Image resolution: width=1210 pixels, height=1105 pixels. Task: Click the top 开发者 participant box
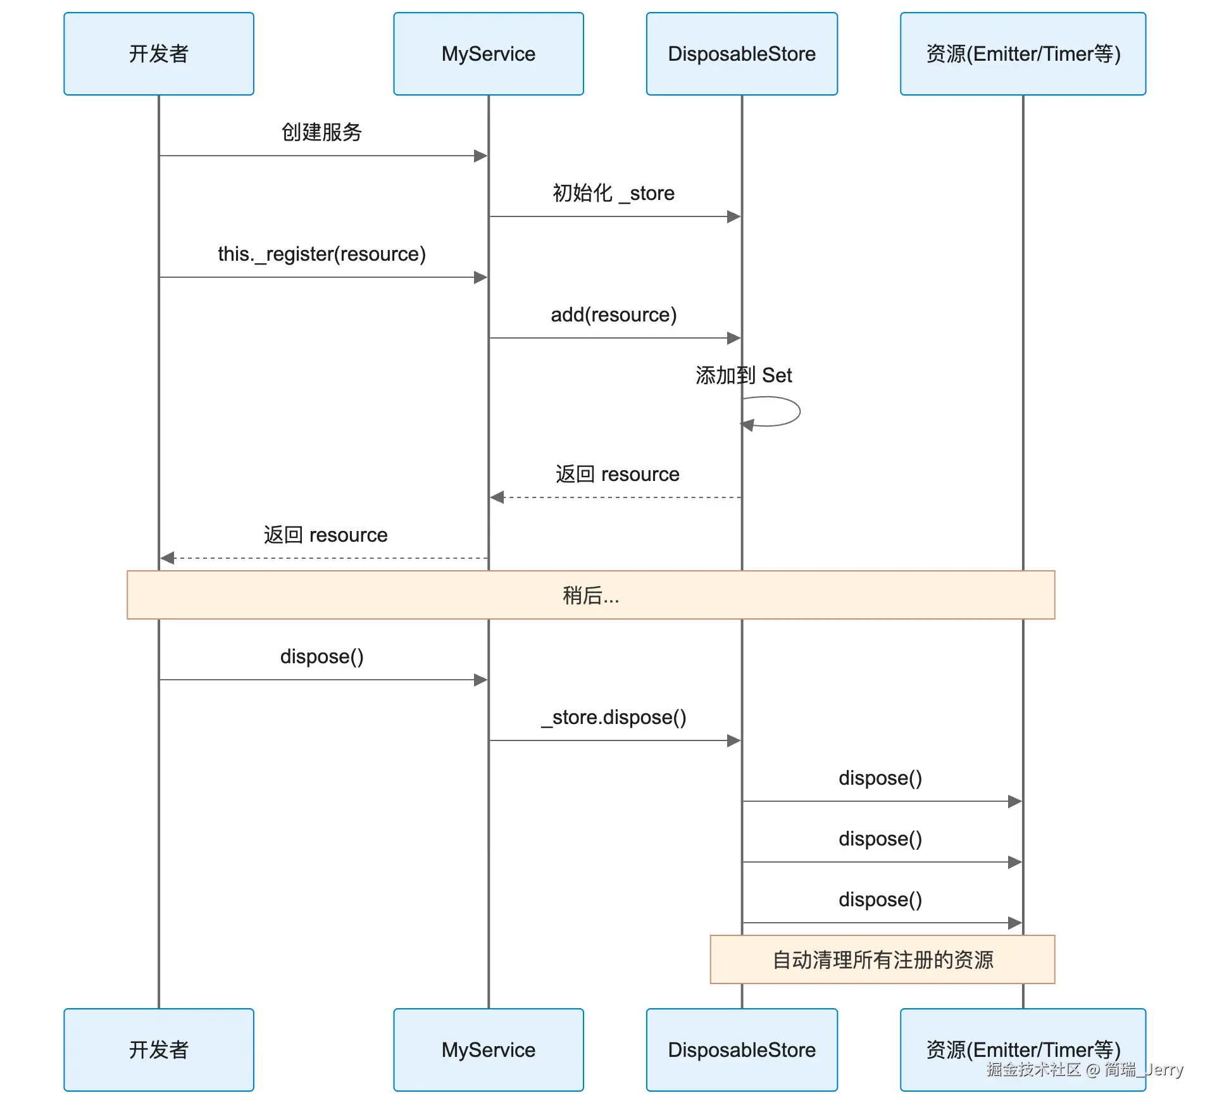[159, 54]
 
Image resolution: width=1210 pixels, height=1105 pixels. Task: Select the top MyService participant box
[488, 54]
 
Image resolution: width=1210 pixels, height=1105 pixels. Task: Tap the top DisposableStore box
[742, 54]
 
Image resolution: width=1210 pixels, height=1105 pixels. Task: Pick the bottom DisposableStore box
[742, 1049]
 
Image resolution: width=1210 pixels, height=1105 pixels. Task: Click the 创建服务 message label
[321, 132]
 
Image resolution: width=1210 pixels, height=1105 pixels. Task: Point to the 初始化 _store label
[613, 193]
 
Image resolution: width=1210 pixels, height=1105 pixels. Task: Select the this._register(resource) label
[321, 254]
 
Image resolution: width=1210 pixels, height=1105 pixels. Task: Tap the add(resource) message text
[613, 315]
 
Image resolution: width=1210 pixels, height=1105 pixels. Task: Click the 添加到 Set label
[744, 375]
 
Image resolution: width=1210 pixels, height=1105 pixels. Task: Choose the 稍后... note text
[590, 596]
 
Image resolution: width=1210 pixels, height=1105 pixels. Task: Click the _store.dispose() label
[613, 717]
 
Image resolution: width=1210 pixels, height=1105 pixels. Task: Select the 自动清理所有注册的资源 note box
[882, 959]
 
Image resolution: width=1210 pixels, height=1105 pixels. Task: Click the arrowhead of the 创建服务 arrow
[480, 156]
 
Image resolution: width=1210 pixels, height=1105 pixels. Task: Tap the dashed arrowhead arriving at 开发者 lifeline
[167, 558]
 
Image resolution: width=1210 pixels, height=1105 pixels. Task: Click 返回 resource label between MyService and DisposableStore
[617, 474]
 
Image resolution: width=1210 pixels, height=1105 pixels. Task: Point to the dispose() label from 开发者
[321, 656]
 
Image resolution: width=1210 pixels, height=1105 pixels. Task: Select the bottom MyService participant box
[488, 1049]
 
